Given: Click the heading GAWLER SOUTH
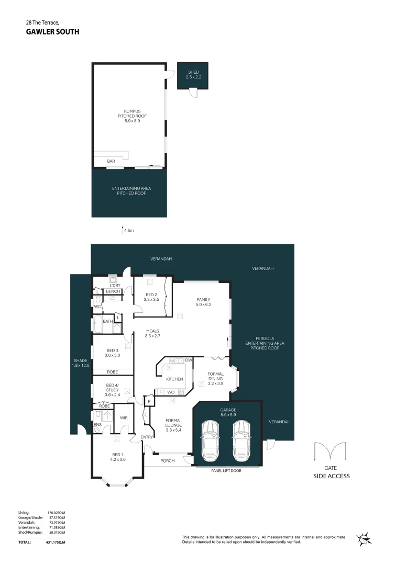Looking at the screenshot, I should (53, 31).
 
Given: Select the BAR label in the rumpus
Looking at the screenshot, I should (111, 161).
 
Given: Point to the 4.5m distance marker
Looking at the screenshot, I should (127, 229).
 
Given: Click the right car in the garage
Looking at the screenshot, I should (243, 438).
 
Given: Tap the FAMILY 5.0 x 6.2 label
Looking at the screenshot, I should (204, 301).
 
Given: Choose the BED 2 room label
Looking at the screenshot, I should (152, 297).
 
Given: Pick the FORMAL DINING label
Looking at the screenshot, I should (215, 378).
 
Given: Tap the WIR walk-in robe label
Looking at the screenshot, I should (124, 417).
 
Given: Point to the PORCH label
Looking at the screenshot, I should (167, 461).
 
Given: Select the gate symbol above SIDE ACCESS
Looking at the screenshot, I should (330, 453).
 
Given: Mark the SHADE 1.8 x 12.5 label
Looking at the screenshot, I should (81, 363).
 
